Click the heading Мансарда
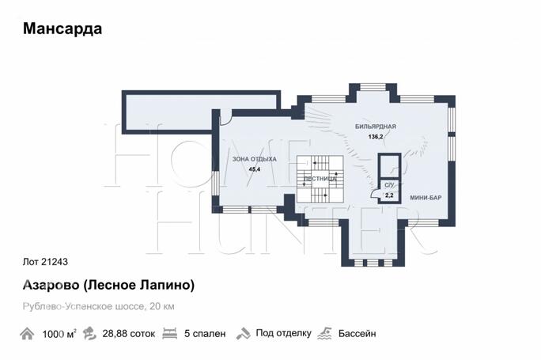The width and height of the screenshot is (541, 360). click(x=62, y=29)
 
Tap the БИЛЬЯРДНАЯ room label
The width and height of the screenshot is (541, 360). click(x=375, y=127)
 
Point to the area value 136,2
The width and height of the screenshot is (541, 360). click(x=375, y=137)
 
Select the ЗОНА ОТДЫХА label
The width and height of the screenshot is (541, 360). click(x=254, y=159)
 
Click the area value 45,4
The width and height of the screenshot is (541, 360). click(x=255, y=169)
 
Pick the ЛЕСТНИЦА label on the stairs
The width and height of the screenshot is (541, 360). click(x=320, y=179)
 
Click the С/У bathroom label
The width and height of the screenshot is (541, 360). click(x=388, y=185)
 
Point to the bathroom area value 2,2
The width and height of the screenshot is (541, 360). click(x=388, y=194)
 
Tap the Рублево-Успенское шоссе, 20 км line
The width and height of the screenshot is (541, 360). click(x=99, y=306)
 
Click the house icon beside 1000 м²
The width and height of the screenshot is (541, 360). click(x=28, y=334)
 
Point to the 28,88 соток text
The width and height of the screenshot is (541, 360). click(x=129, y=334)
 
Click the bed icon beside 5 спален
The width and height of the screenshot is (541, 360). click(x=168, y=334)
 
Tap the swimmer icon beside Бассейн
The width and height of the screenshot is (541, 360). click(x=323, y=334)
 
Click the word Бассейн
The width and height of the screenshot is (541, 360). click(x=357, y=334)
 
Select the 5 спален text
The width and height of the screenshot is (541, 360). click(x=205, y=334)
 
